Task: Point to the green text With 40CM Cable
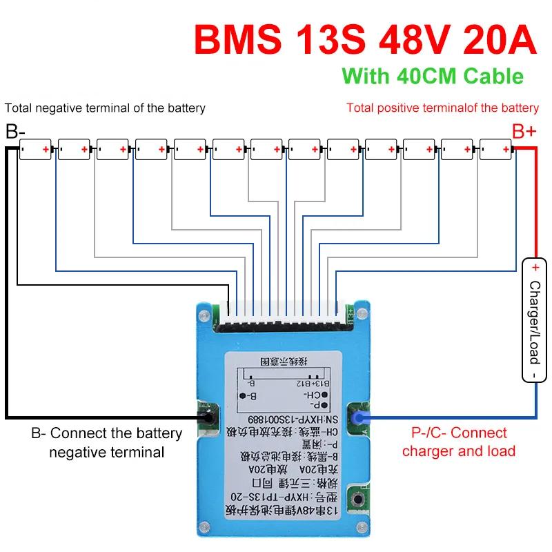[433, 75]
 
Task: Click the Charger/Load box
[534, 321]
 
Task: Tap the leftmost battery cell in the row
[35, 149]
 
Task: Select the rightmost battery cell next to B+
[495, 149]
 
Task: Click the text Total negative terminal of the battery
[105, 108]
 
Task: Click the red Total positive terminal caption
[442, 108]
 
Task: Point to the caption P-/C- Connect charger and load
[459, 442]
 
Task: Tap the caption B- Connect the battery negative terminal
[106, 443]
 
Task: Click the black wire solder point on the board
[205, 417]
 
